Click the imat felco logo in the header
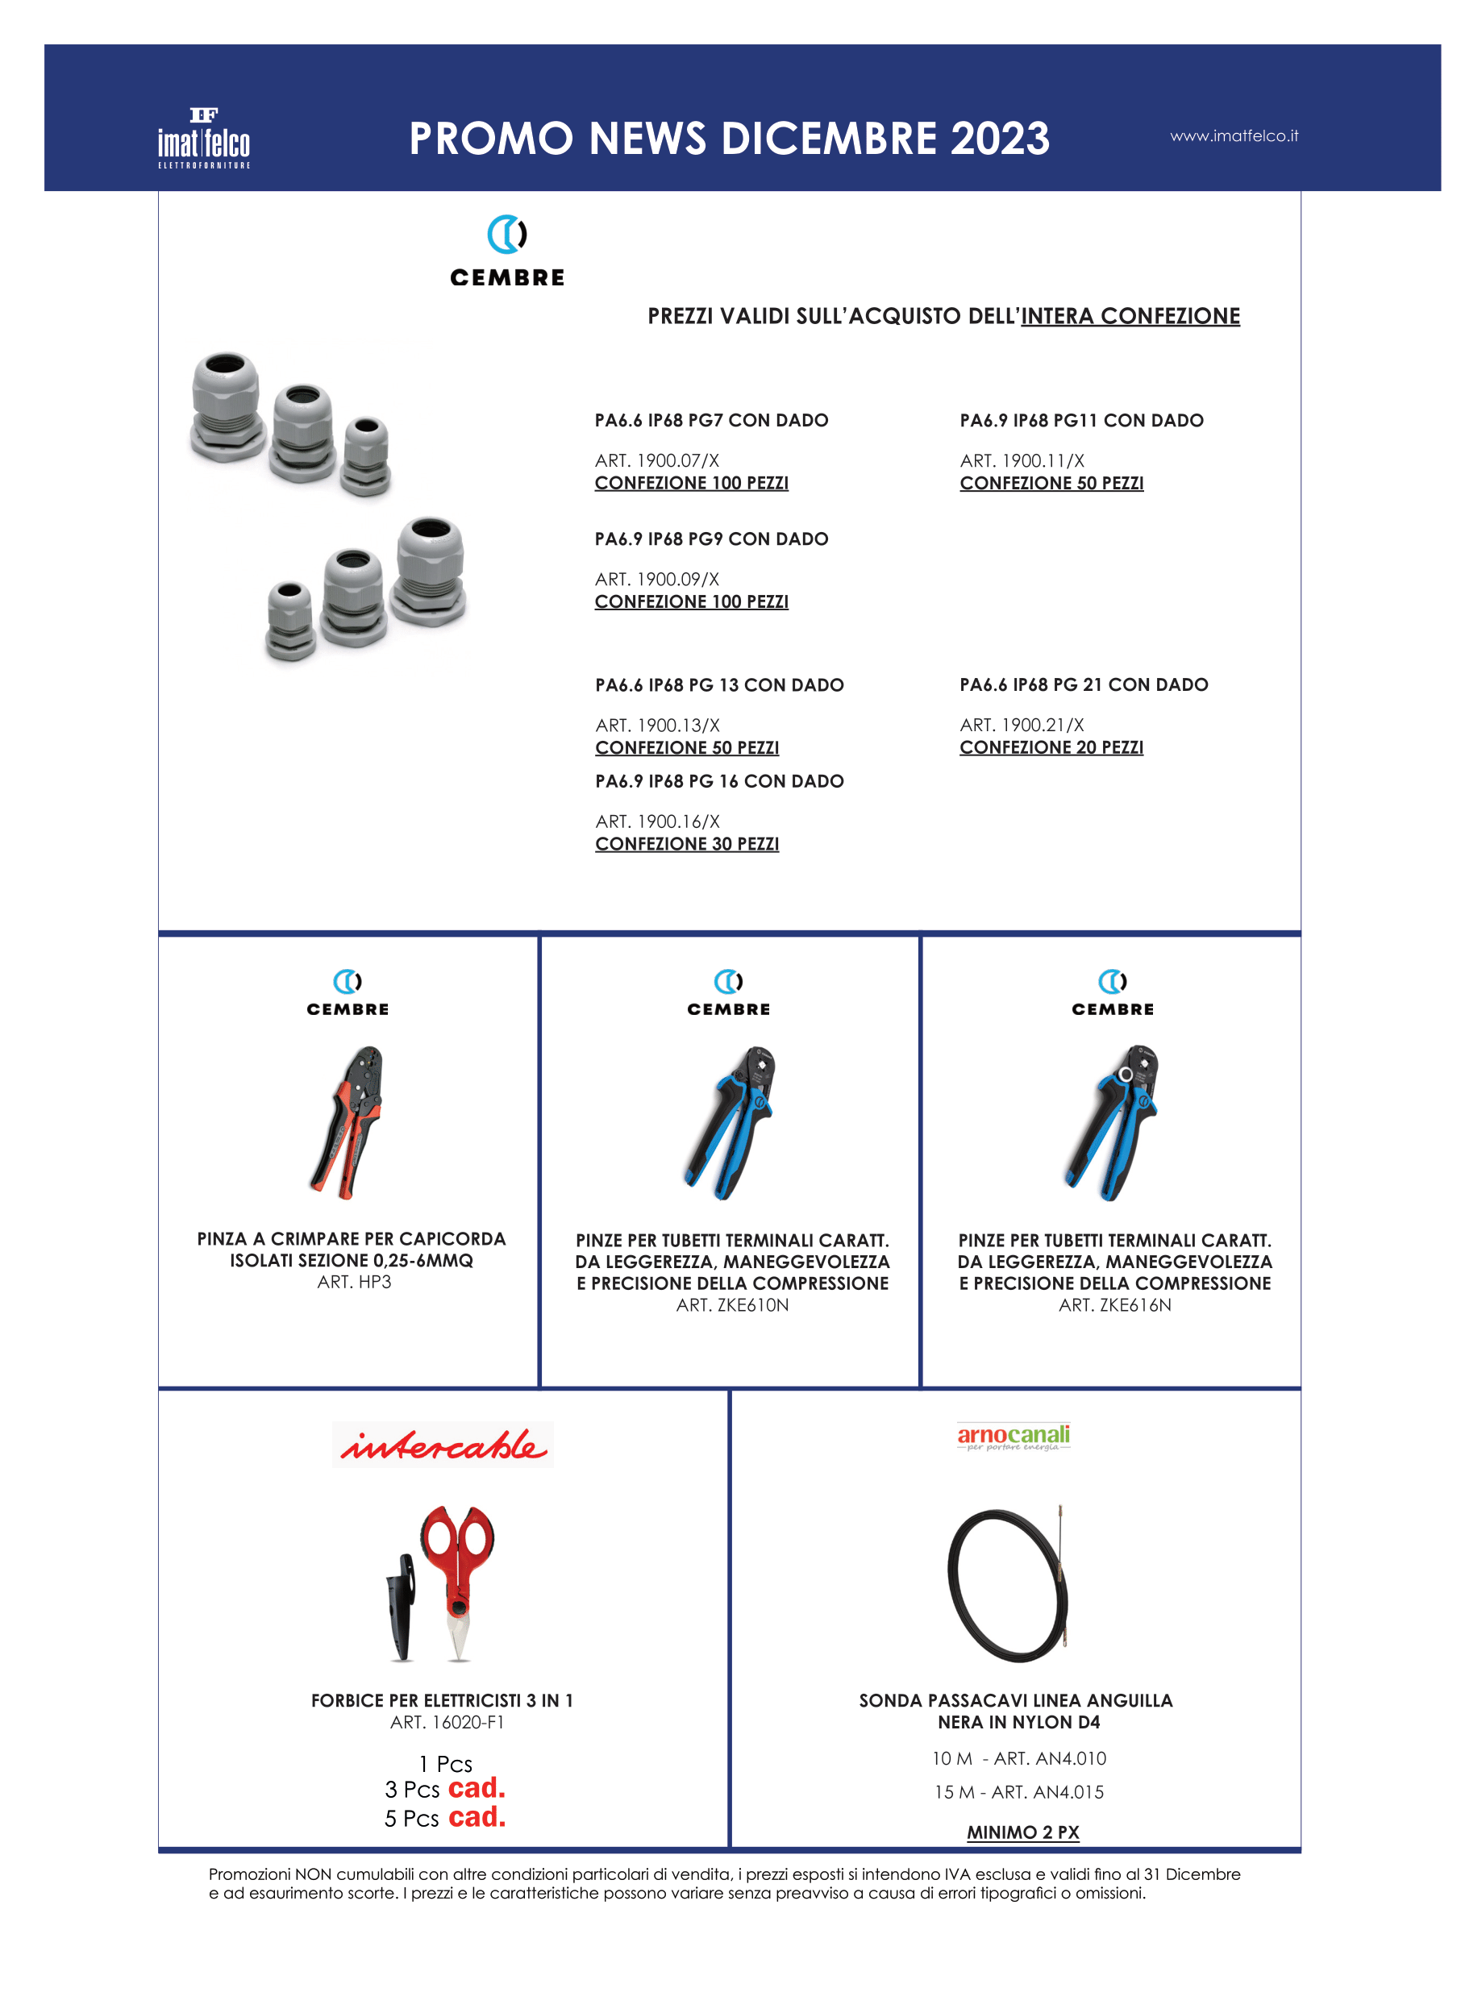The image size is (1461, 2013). [203, 139]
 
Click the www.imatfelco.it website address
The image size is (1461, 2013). [1233, 135]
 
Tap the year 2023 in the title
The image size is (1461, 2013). [1000, 139]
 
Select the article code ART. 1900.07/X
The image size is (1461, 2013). [656, 460]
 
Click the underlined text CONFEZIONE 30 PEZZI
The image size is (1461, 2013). [686, 844]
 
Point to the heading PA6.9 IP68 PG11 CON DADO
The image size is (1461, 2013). [1080, 421]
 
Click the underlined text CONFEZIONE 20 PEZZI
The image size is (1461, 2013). [1050, 747]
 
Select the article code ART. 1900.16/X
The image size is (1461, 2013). [657, 821]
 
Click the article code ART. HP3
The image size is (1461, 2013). [353, 1282]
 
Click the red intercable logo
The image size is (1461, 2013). [442, 1445]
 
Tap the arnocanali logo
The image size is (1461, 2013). [1013, 1437]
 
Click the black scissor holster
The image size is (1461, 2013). [402, 1606]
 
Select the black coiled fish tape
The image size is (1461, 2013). [1007, 1584]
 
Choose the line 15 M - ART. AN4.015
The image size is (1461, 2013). [1018, 1792]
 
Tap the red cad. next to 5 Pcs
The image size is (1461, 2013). [477, 1817]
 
